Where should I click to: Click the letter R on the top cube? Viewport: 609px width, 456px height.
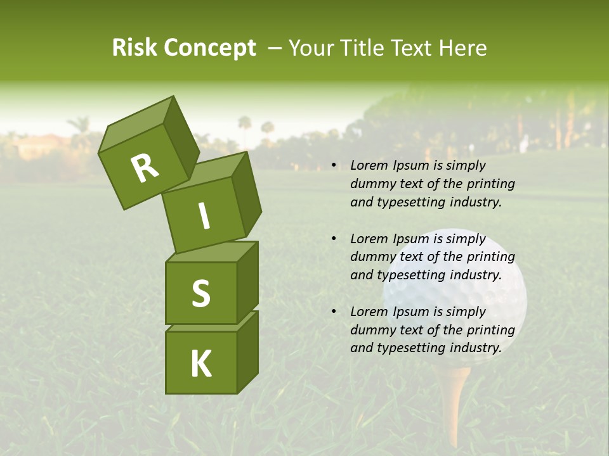[x=145, y=168]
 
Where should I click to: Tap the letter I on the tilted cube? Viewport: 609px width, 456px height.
[x=204, y=216]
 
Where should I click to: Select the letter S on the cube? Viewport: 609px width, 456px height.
[x=200, y=293]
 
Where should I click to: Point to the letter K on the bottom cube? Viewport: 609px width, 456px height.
[x=200, y=364]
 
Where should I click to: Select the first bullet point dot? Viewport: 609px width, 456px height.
[x=334, y=165]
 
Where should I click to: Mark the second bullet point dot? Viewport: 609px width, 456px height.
[x=334, y=239]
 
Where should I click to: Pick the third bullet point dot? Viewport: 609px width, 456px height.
[x=334, y=312]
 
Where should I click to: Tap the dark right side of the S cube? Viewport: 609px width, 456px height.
[x=247, y=282]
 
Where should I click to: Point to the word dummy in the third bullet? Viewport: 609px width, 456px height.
[x=371, y=330]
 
